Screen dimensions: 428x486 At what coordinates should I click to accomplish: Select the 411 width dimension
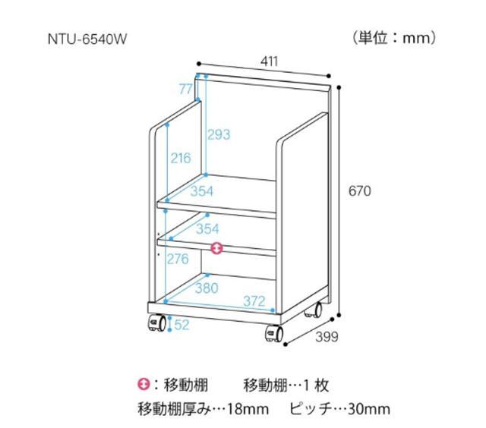point(269,61)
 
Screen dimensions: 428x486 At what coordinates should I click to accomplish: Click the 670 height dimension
point(359,192)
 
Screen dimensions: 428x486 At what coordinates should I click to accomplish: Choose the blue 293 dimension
point(219,135)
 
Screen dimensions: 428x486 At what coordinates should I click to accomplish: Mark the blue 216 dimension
point(181,159)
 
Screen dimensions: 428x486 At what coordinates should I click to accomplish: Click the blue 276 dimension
point(178,260)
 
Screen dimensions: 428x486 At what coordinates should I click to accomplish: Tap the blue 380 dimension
point(206,288)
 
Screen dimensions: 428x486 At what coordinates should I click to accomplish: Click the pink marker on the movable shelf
point(217,248)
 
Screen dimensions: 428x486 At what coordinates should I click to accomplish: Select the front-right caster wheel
point(272,333)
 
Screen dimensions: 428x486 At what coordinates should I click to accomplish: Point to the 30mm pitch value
point(368,410)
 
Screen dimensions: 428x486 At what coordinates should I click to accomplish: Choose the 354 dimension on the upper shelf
point(201,192)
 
